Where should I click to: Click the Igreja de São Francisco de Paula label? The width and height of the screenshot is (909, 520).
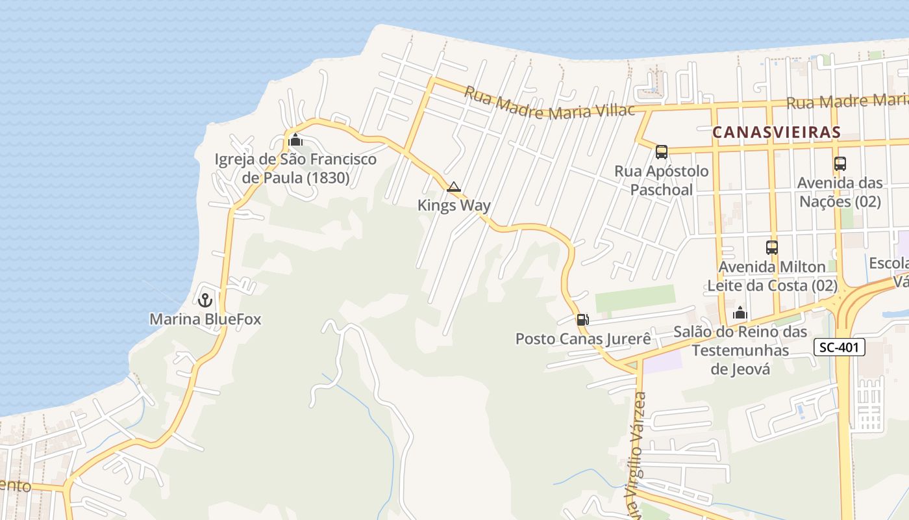pyautogui.click(x=295, y=168)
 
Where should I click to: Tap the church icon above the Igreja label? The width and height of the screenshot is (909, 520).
pyautogui.click(x=295, y=140)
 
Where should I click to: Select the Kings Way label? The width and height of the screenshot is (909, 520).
pyautogui.click(x=454, y=205)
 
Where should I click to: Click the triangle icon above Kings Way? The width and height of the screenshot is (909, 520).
pyautogui.click(x=454, y=187)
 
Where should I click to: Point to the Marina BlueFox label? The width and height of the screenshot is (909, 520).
pyautogui.click(x=205, y=319)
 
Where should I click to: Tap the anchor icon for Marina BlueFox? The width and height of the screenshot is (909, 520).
pyautogui.click(x=205, y=300)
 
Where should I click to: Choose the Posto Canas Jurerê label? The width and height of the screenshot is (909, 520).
pyautogui.click(x=583, y=339)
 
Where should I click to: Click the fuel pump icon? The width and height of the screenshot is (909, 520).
pyautogui.click(x=583, y=319)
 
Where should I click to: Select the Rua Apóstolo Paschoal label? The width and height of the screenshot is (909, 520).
pyautogui.click(x=662, y=180)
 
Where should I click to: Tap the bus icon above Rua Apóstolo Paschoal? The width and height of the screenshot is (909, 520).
pyautogui.click(x=662, y=152)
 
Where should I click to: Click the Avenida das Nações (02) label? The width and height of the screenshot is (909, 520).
pyautogui.click(x=840, y=192)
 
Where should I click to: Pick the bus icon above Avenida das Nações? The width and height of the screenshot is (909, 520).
pyautogui.click(x=840, y=164)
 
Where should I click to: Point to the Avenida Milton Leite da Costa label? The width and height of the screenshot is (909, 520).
pyautogui.click(x=771, y=276)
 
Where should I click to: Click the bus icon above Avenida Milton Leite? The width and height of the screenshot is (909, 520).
pyautogui.click(x=771, y=248)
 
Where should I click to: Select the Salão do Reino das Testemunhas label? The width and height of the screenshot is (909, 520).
pyautogui.click(x=740, y=350)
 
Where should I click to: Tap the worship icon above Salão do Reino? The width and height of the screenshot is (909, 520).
pyautogui.click(x=740, y=313)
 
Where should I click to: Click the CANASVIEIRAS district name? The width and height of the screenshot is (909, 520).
pyautogui.click(x=777, y=132)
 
